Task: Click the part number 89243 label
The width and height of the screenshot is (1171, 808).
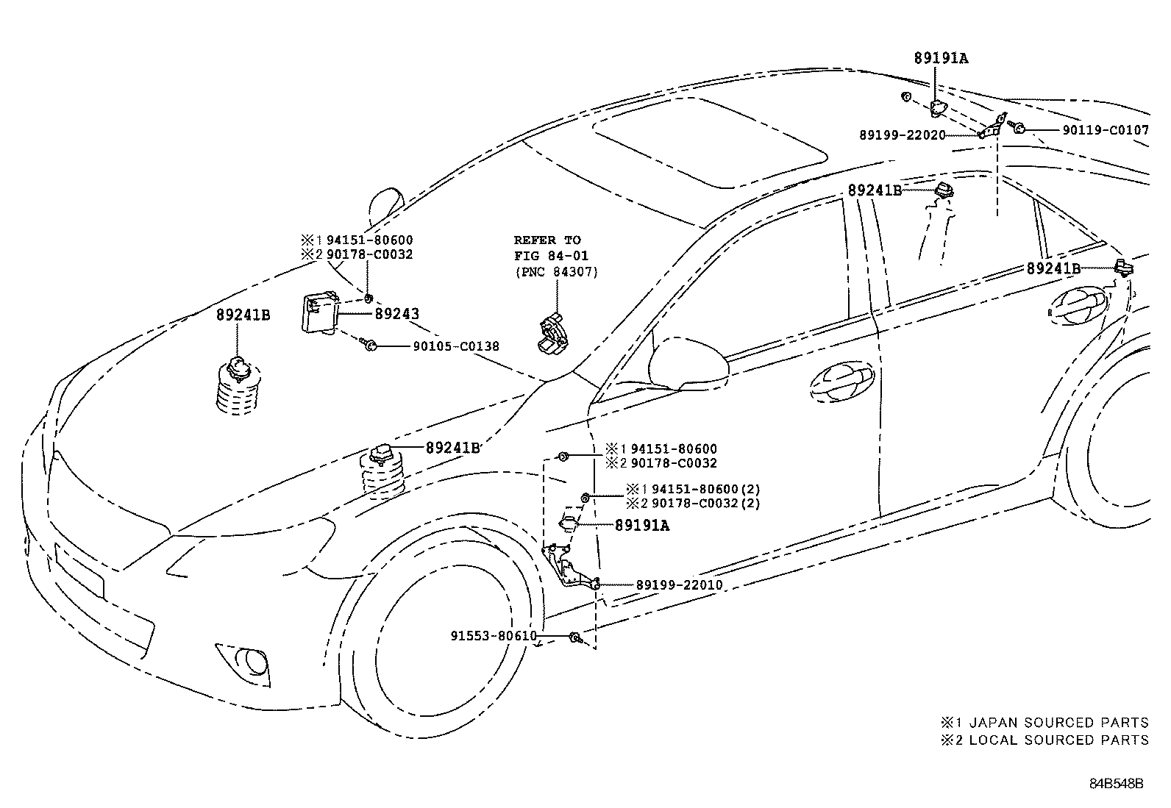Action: pos(396,314)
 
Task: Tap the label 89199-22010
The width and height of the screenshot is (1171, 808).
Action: pos(679,585)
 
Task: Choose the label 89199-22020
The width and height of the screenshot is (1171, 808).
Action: pos(902,135)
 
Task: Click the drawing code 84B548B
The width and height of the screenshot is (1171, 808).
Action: pos(1117,784)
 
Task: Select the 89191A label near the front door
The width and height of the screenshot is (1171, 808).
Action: pos(641,526)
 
